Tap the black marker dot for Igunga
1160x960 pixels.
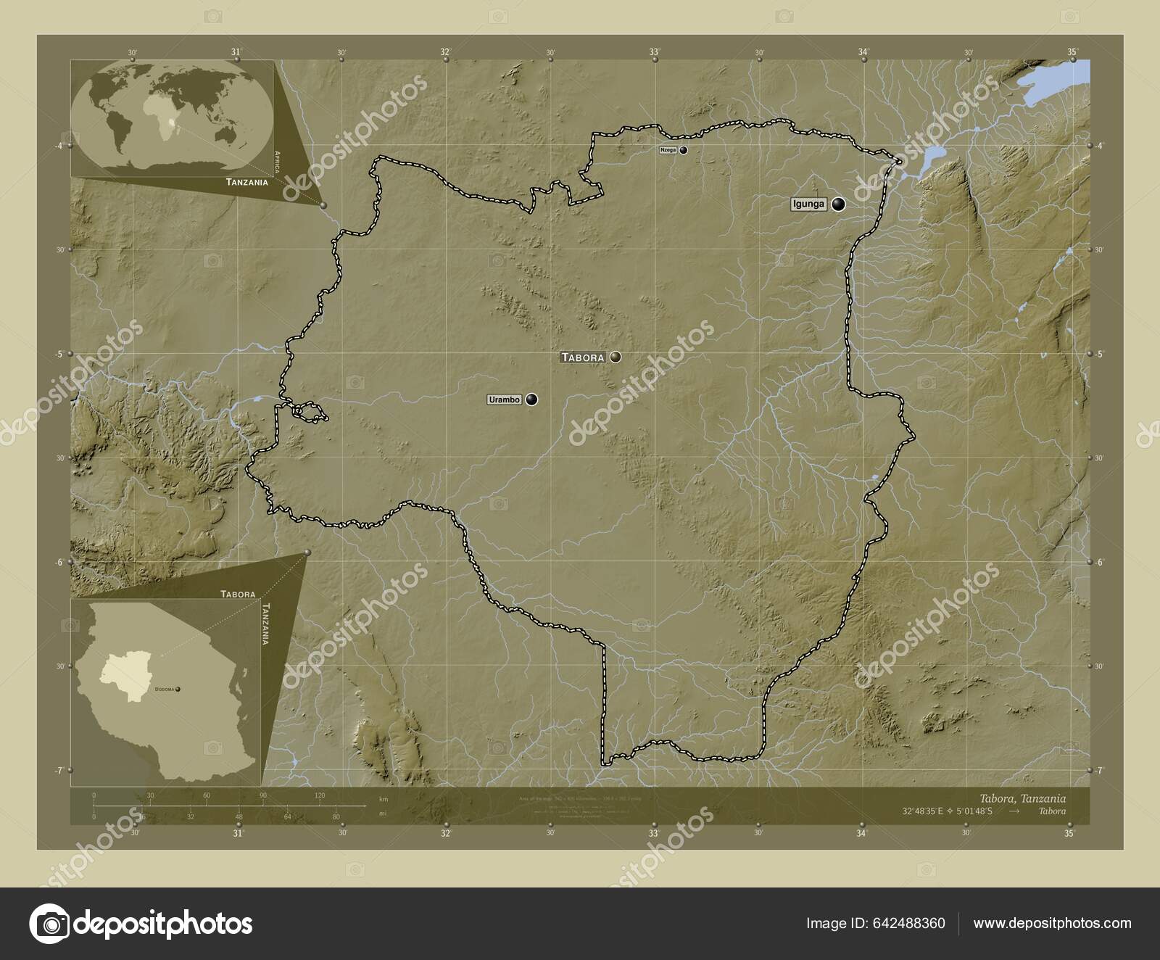click(x=839, y=204)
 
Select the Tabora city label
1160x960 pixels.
click(x=582, y=357)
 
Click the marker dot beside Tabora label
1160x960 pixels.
click(x=616, y=357)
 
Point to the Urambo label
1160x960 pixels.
click(x=505, y=400)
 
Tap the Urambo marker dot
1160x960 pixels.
click(x=532, y=399)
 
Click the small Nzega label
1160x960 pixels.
click(x=668, y=150)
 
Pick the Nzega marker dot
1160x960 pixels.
click(x=683, y=150)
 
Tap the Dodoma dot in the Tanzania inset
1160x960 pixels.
click(x=177, y=689)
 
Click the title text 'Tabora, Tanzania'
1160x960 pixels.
click(x=1022, y=798)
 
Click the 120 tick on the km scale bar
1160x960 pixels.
click(x=320, y=796)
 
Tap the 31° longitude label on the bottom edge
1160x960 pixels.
click(x=238, y=834)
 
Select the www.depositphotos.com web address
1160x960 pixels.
click(x=1052, y=923)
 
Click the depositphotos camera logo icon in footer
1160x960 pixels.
click(x=49, y=923)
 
